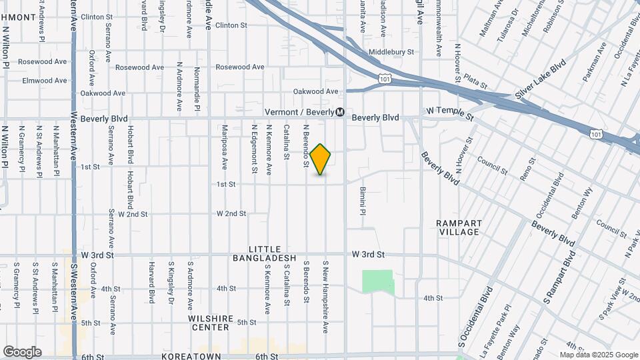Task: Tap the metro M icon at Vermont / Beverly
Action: pyautogui.click(x=340, y=112)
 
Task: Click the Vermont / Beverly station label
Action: pyautogui.click(x=299, y=112)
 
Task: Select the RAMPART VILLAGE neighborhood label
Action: pyautogui.click(x=457, y=227)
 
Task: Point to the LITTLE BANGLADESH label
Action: pyautogui.click(x=264, y=253)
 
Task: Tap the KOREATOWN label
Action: pyautogui.click(x=193, y=357)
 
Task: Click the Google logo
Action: pyautogui.click(x=22, y=351)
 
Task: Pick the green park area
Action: pyautogui.click(x=377, y=281)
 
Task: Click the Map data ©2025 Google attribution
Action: pyautogui.click(x=598, y=355)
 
